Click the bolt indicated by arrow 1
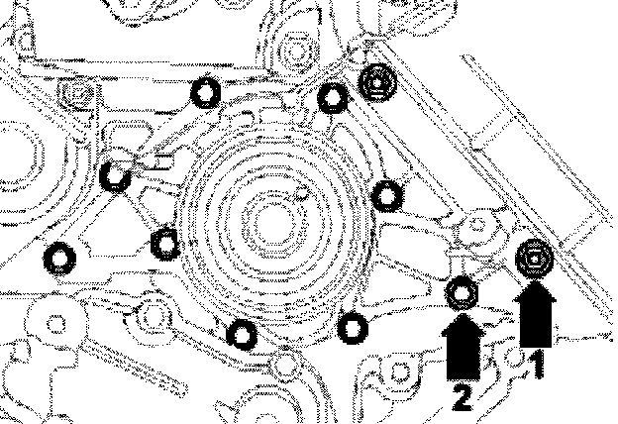(x=535, y=260)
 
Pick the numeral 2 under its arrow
(x=461, y=399)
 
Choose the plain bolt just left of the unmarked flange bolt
(x=333, y=96)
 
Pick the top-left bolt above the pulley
(x=204, y=92)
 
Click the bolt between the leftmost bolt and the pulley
(x=164, y=239)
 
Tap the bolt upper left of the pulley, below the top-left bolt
(x=115, y=176)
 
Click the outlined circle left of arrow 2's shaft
(x=402, y=373)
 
